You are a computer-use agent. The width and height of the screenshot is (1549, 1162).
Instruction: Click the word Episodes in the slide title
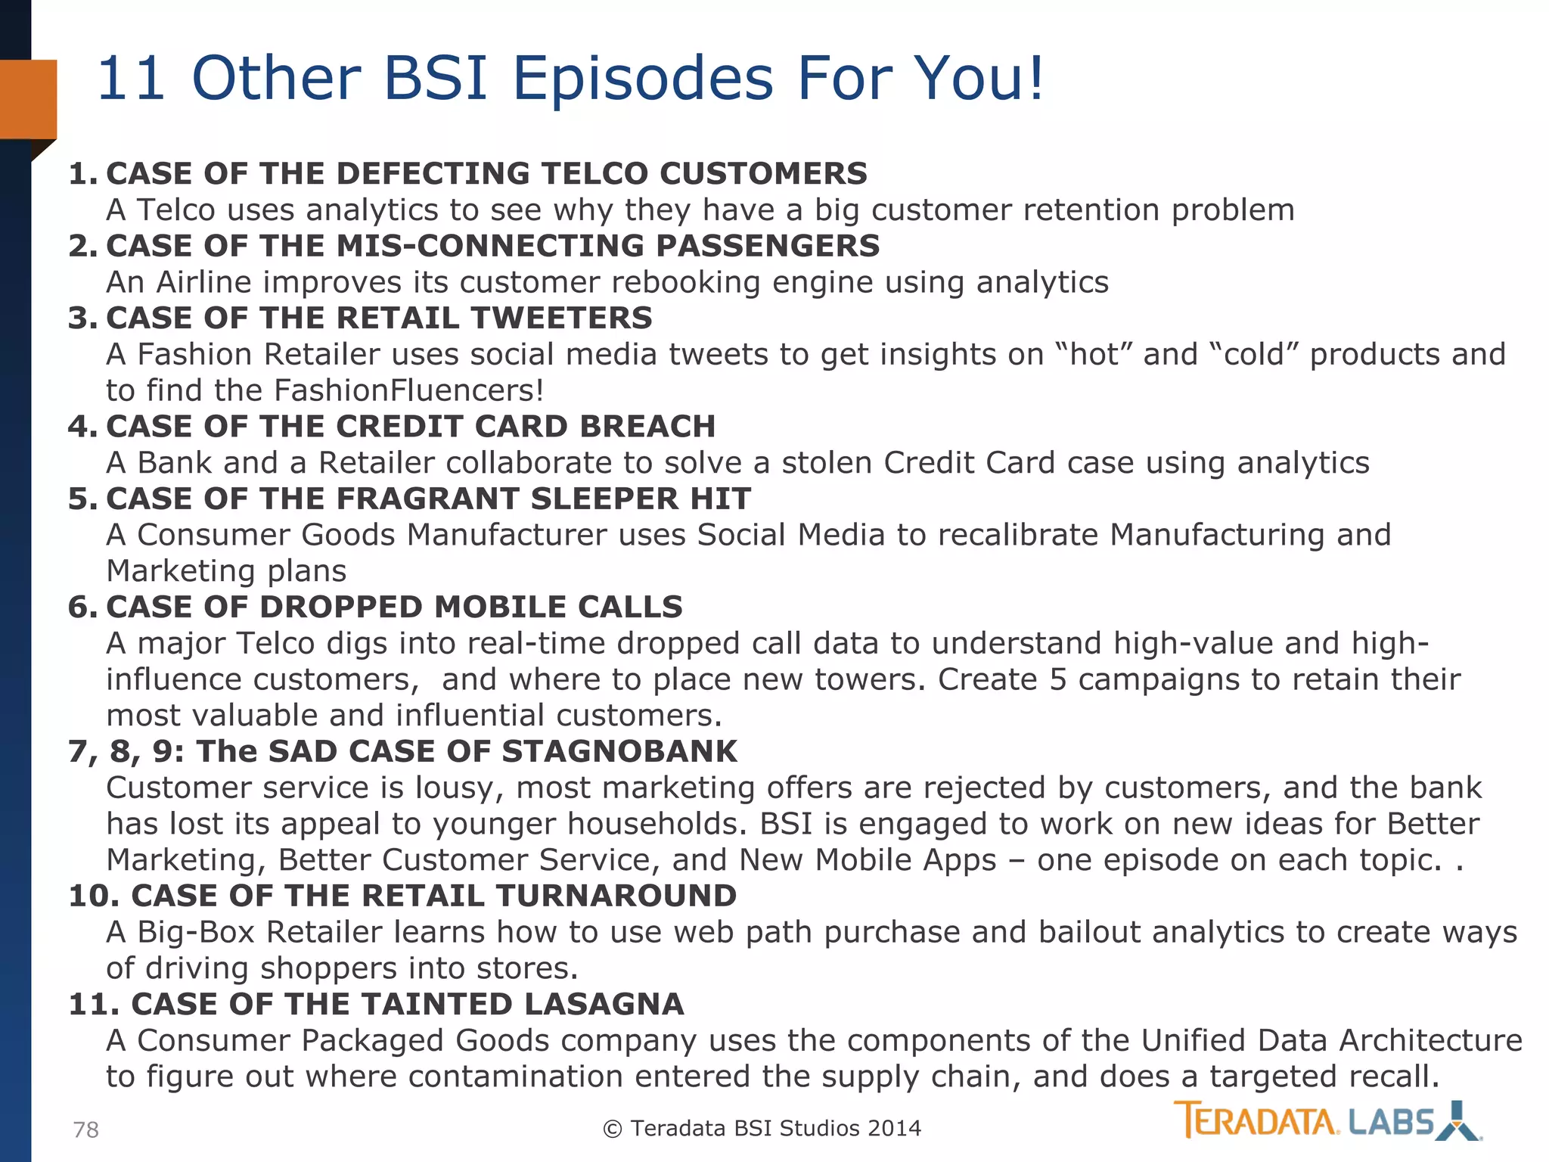coord(643,79)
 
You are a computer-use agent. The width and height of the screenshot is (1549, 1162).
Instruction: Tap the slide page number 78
coord(85,1129)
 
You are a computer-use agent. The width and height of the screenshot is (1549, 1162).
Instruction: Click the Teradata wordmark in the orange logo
coord(1256,1120)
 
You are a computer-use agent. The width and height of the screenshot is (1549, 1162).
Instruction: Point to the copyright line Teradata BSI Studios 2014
coord(762,1128)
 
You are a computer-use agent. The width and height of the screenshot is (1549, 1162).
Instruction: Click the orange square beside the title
coord(29,99)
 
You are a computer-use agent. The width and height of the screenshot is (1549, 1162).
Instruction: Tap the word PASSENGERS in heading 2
coord(767,246)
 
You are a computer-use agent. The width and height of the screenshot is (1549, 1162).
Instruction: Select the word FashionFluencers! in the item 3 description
coord(408,390)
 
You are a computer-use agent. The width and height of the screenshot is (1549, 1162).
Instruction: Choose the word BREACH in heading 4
coord(647,427)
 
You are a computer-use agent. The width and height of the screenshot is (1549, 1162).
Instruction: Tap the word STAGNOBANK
coord(619,751)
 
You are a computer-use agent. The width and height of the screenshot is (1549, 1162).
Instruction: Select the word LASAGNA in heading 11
coord(604,1004)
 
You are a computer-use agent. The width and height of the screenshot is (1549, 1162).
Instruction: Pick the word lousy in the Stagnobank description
coord(460,788)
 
